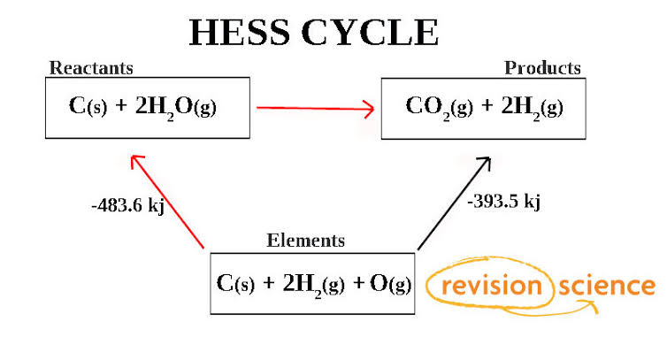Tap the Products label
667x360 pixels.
[542, 68]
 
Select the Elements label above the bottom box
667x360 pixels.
[306, 240]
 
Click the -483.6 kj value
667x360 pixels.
[128, 204]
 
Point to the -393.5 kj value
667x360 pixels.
[503, 201]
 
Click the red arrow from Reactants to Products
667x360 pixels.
[314, 109]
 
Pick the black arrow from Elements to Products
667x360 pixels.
[453, 203]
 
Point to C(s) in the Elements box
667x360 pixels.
[237, 283]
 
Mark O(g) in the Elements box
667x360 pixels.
[387, 283]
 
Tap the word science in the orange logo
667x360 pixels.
[608, 286]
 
